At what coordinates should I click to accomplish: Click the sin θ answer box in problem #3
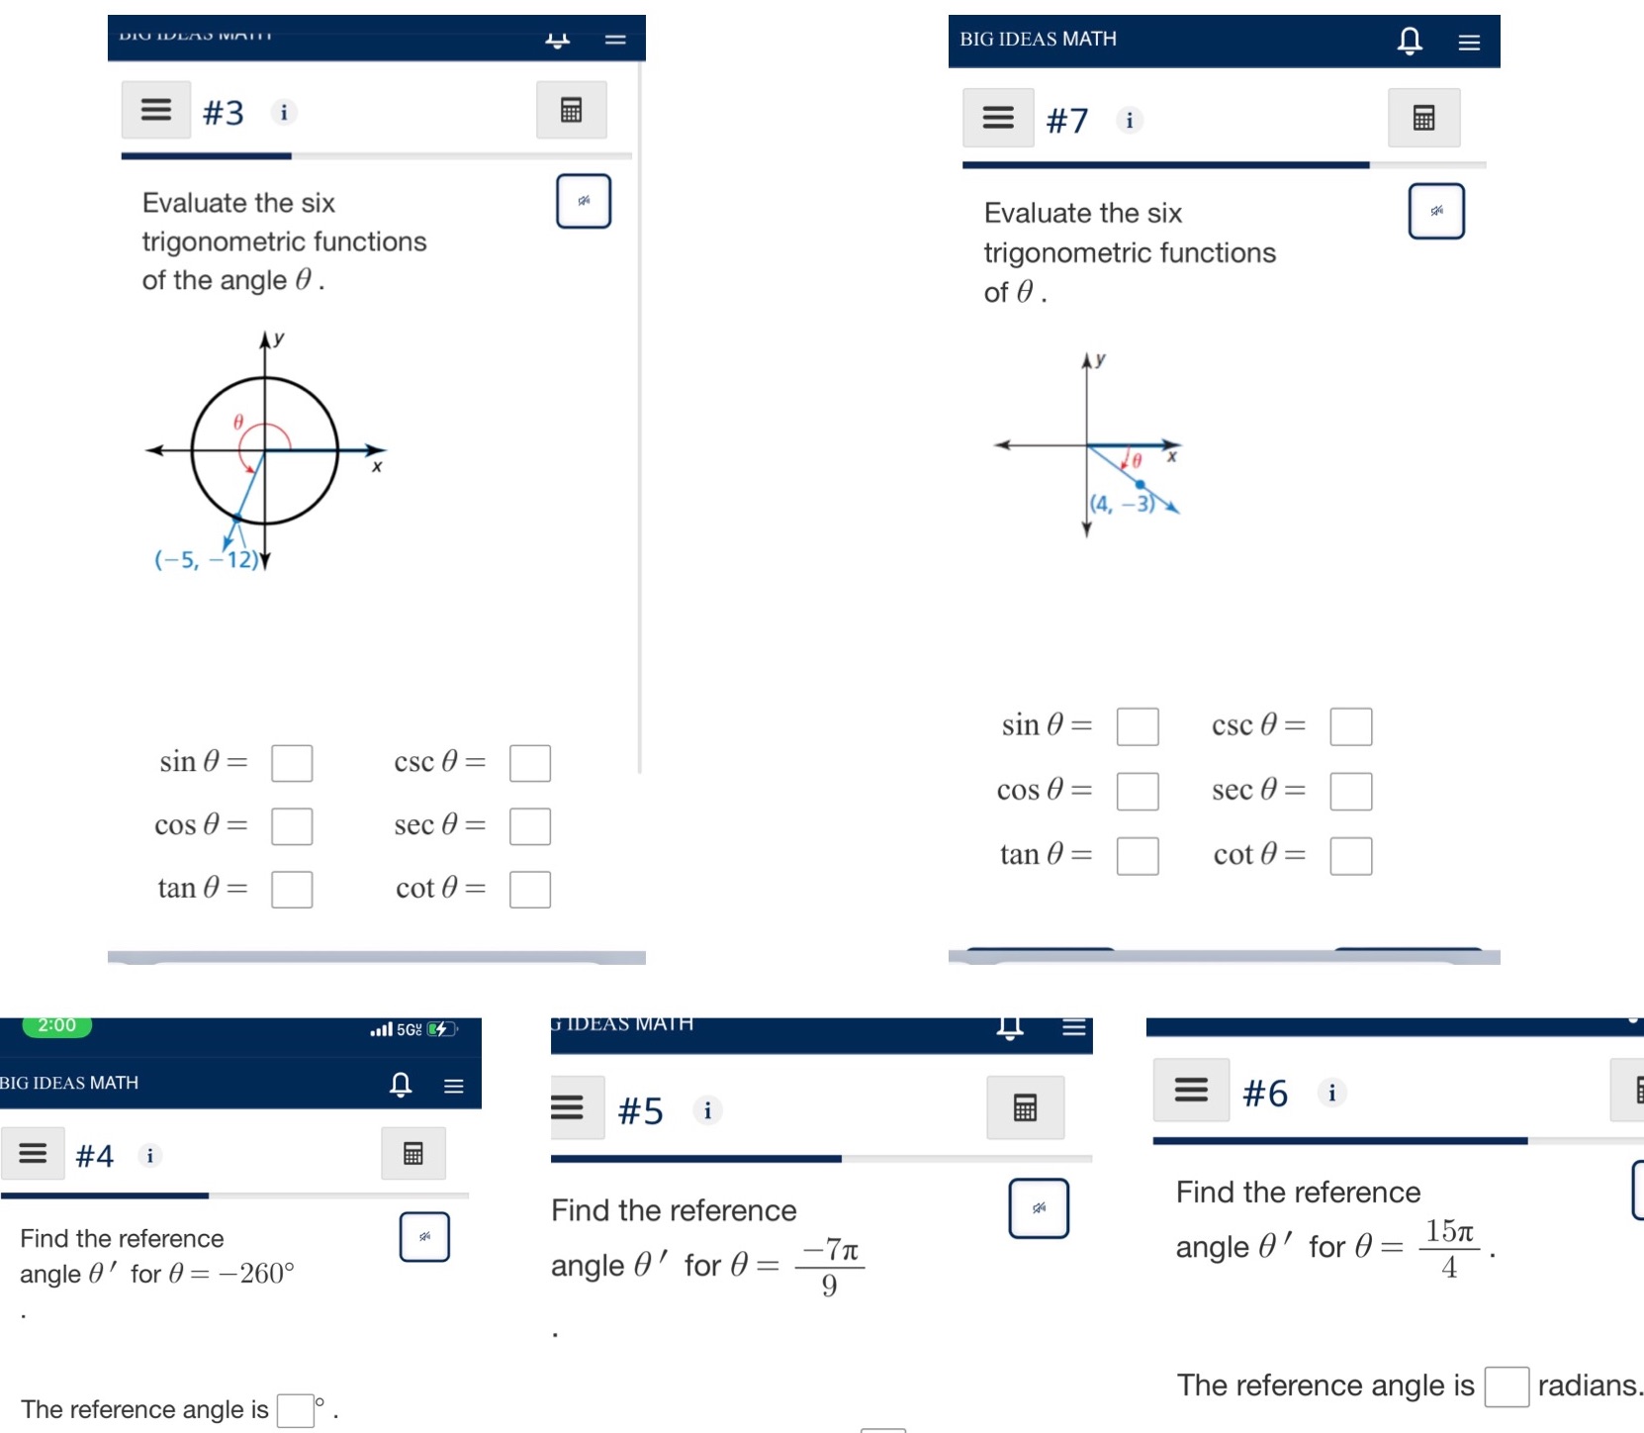[292, 763]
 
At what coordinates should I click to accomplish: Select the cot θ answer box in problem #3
[529, 889]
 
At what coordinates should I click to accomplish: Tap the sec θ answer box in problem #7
[1350, 791]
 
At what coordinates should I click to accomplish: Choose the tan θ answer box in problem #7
[1137, 855]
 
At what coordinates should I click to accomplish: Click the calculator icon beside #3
[571, 110]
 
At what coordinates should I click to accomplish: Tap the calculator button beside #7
[1423, 118]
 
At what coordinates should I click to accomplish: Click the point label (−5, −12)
[206, 560]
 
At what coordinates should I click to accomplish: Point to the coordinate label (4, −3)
[1122, 504]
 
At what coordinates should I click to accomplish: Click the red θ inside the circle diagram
[238, 422]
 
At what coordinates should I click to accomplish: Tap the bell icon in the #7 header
[1410, 41]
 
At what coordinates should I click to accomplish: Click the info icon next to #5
[707, 1110]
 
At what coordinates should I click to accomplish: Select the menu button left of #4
[33, 1153]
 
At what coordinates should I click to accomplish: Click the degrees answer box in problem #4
[295, 1409]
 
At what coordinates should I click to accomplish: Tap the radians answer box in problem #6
[1506, 1385]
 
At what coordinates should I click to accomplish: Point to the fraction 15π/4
[1449, 1248]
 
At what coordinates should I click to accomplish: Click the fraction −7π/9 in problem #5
[829, 1267]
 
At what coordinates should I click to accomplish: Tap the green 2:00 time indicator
[57, 1025]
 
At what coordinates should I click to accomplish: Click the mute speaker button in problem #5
[1038, 1207]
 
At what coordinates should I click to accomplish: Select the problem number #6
[1264, 1094]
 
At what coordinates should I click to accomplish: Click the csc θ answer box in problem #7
[1350, 725]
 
